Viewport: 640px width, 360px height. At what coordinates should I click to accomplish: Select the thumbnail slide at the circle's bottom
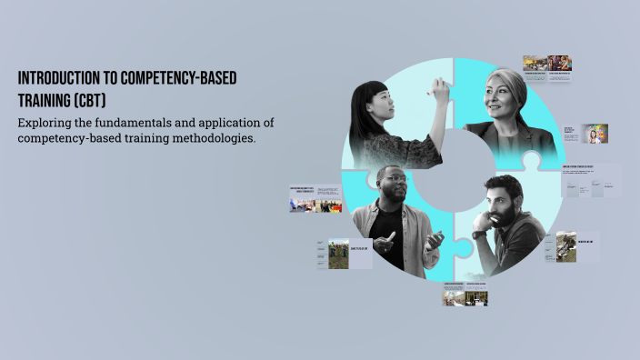click(465, 295)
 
